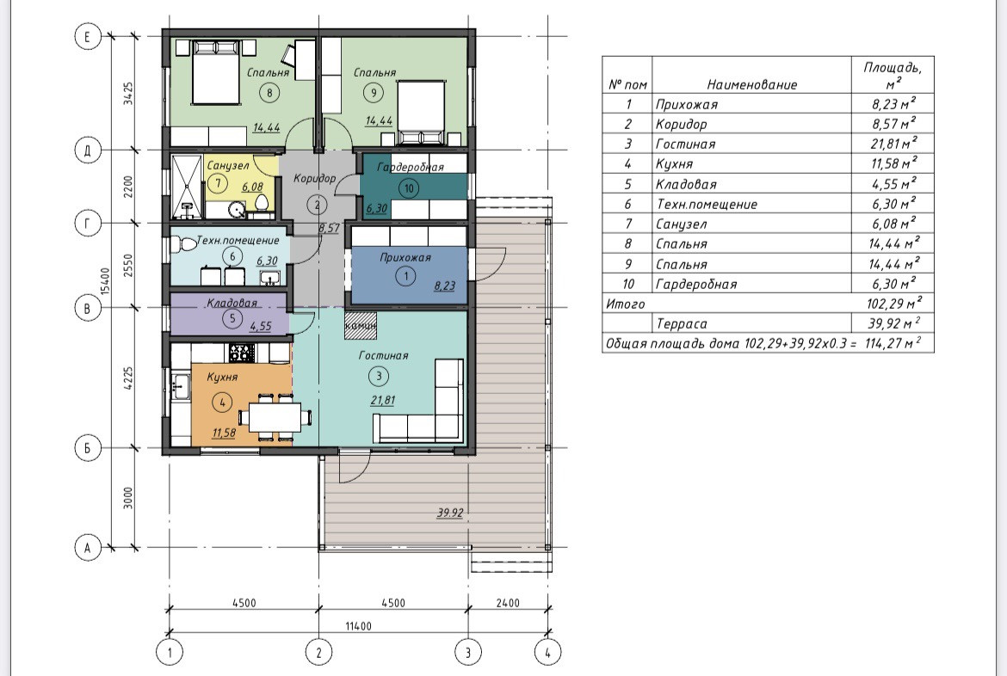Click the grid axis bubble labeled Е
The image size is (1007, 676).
pyautogui.click(x=88, y=36)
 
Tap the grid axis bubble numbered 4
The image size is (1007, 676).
pyautogui.click(x=547, y=653)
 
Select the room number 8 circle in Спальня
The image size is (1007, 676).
pyautogui.click(x=269, y=92)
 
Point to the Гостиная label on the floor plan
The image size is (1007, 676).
pyautogui.click(x=383, y=355)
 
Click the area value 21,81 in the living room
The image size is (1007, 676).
pyautogui.click(x=383, y=400)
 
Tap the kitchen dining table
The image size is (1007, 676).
pyautogui.click(x=275, y=416)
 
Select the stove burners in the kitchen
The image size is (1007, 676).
pyautogui.click(x=242, y=353)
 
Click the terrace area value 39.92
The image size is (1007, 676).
pyautogui.click(x=450, y=513)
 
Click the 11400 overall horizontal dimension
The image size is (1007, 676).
pyautogui.click(x=358, y=626)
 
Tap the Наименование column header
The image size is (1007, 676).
pyautogui.click(x=752, y=84)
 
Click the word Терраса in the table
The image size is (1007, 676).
pyautogui.click(x=682, y=324)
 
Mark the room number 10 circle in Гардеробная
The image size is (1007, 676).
pyautogui.click(x=409, y=188)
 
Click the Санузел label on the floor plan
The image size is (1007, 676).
pyautogui.click(x=228, y=166)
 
